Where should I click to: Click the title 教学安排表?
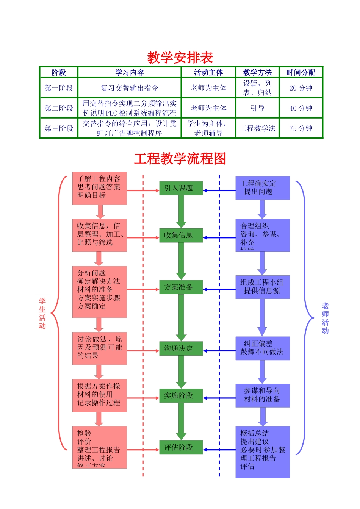pos(180,58)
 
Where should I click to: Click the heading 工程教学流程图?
pos(180,158)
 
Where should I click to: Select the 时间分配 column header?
pos(301,72)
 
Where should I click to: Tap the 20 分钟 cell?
pos(301,88)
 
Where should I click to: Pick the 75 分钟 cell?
pos(301,128)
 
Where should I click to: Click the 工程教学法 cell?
pos(257,128)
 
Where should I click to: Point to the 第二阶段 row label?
pos(59,108)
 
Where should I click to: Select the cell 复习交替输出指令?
pos(130,88)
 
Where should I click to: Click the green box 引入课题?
pos(181,188)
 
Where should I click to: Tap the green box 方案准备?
pos(181,287)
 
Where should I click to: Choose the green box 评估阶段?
pos(181,447)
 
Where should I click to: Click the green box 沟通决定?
pos(181,348)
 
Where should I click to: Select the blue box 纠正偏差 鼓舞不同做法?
pos(263,348)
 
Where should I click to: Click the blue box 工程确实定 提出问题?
pos(263,188)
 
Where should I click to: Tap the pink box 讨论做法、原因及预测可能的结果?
pos(99,348)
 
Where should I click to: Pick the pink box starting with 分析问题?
pos(99,292)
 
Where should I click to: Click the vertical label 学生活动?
pos(42,313)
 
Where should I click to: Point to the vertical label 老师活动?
pos(325,318)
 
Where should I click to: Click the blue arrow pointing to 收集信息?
pos(220,238)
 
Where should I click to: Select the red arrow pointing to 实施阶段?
pos(143,398)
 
